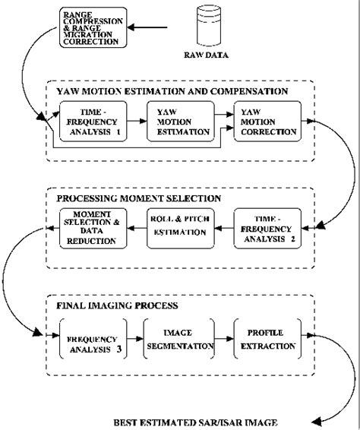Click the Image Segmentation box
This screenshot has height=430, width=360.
(x=179, y=339)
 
